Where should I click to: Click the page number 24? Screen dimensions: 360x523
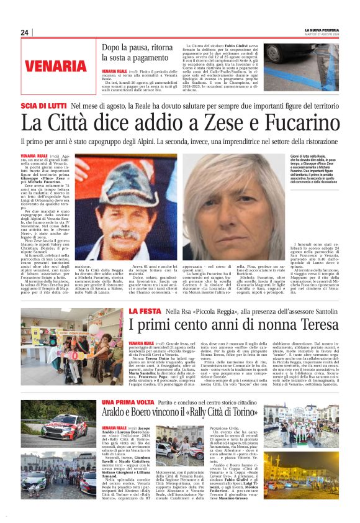pos(25,33)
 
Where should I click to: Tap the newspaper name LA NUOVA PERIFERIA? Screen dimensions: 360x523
pos(321,30)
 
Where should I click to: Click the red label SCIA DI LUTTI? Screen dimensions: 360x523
pos(43,106)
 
